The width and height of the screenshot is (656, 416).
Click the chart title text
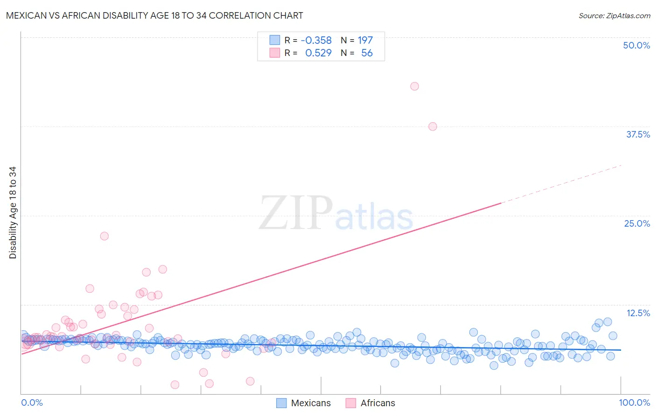pyautogui.click(x=154, y=15)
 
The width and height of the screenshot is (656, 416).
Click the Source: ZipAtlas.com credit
pyautogui.click(x=614, y=15)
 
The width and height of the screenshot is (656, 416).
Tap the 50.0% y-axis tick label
pyautogui.click(x=636, y=45)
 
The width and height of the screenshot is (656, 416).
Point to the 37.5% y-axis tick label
pyautogui.click(x=638, y=134)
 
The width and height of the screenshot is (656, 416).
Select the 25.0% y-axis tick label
pyautogui.click(x=637, y=223)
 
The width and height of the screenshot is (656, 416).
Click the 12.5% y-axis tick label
pyautogui.click(x=638, y=313)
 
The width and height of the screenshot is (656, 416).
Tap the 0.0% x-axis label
pyautogui.click(x=32, y=402)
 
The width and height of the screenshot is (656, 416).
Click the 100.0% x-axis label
pyautogui.click(x=634, y=402)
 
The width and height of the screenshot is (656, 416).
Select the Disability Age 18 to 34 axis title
pyautogui.click(x=13, y=213)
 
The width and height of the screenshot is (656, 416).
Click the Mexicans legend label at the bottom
pyautogui.click(x=311, y=403)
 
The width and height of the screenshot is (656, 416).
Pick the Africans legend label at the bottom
pyautogui.click(x=377, y=403)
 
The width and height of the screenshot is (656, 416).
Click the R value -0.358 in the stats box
pyautogui.click(x=316, y=41)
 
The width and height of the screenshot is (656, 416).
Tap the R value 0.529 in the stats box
pyautogui.click(x=318, y=53)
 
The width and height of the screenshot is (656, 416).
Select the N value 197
pyautogui.click(x=365, y=41)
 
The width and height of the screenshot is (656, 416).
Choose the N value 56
pyautogui.click(x=367, y=53)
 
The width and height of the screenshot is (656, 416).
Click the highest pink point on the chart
pyautogui.click(x=414, y=86)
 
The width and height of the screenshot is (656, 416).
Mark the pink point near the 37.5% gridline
pyautogui.click(x=433, y=126)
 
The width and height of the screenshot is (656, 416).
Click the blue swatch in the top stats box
pyautogui.click(x=275, y=40)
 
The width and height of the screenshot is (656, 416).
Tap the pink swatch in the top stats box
pyautogui.click(x=275, y=53)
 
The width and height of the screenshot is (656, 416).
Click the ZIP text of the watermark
pyautogui.click(x=295, y=213)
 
